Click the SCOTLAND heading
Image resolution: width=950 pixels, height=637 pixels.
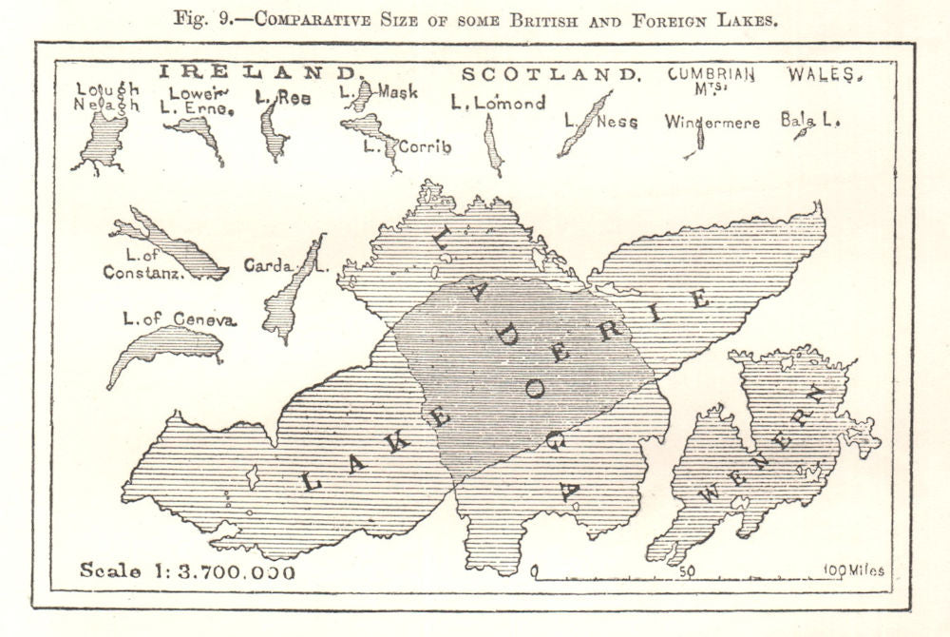click(x=550, y=74)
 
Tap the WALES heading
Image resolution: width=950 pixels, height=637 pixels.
click(x=825, y=74)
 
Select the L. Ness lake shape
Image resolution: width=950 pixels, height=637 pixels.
click(x=585, y=124)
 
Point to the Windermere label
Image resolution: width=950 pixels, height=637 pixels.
click(x=712, y=123)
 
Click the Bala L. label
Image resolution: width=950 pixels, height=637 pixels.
click(x=810, y=120)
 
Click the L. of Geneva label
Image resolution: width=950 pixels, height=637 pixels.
click(x=180, y=318)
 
